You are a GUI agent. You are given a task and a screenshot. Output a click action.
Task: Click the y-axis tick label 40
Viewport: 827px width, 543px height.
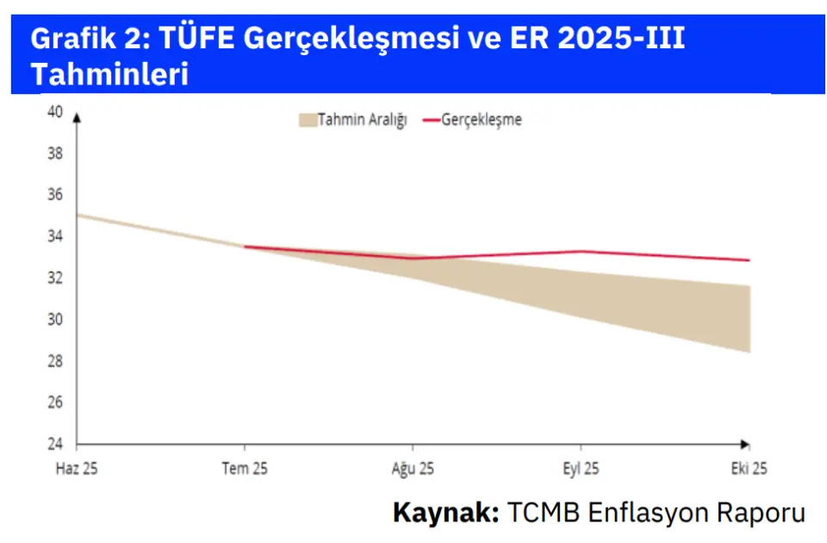tap(54, 111)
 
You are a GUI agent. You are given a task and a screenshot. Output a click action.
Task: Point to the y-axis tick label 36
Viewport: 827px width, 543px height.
tap(54, 195)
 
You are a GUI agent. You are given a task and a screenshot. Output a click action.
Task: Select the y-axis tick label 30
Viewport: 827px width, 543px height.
tap(54, 320)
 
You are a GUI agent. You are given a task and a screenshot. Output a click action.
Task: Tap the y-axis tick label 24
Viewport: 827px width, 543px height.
tap(54, 445)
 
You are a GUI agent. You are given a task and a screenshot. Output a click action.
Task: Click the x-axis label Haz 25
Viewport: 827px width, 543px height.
tap(78, 470)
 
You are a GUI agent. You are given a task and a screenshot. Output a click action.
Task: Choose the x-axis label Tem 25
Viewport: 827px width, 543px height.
tap(246, 470)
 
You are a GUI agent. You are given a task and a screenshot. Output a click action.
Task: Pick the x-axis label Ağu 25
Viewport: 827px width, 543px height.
tap(413, 470)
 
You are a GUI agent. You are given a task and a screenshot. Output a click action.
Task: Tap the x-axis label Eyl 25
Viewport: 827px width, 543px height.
tap(581, 470)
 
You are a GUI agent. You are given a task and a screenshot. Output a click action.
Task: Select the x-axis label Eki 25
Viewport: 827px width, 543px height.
tap(747, 470)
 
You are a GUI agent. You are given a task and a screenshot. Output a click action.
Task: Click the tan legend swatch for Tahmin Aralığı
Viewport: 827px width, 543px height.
tap(307, 120)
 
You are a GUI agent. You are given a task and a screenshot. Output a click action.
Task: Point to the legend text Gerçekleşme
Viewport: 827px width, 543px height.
tap(482, 120)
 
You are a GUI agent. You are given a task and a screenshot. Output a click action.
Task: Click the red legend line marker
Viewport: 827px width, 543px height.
tap(431, 120)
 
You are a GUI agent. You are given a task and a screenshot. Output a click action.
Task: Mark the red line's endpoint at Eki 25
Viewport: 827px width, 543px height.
tap(749, 260)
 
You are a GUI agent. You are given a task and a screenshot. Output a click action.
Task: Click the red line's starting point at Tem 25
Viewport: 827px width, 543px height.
tap(246, 247)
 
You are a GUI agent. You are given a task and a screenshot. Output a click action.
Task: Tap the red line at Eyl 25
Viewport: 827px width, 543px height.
tap(581, 252)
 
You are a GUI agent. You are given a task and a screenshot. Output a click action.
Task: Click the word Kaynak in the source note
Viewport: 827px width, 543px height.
tap(445, 512)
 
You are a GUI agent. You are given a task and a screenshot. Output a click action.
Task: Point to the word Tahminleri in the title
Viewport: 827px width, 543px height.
tap(109, 75)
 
